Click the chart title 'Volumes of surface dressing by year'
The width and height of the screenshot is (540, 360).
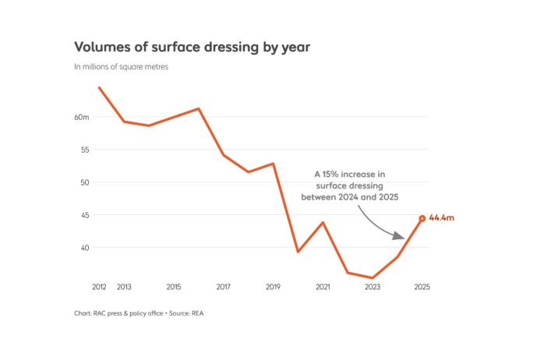click(192, 47)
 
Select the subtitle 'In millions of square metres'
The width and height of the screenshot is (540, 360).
click(121, 67)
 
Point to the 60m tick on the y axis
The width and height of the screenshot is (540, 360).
click(82, 117)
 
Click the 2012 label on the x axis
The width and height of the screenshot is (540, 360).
click(99, 288)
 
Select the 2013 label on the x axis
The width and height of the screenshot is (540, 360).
click(124, 288)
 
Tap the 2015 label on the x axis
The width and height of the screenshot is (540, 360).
click(174, 288)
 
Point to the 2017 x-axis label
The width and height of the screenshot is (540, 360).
click(224, 288)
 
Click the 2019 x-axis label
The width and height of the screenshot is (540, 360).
click(273, 288)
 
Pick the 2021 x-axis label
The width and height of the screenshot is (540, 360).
click(323, 288)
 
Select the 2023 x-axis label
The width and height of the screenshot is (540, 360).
click(372, 288)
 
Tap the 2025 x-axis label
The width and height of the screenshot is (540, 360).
click(422, 288)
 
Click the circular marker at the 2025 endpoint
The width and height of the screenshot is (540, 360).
click(422, 219)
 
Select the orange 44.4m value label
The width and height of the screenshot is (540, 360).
click(441, 218)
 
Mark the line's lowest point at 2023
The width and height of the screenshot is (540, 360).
click(372, 277)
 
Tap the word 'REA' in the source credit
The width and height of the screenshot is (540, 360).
click(196, 314)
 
